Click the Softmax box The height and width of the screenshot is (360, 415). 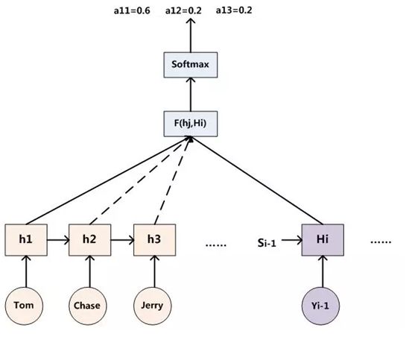point(191,65)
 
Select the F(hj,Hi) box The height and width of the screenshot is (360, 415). point(191,124)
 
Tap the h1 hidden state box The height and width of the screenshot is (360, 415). point(26,240)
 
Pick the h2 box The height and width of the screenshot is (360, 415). point(89,240)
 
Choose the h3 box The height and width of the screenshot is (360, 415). point(154,240)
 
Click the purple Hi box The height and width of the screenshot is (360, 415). point(323,240)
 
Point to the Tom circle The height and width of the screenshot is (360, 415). point(24,306)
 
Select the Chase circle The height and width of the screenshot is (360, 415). point(88,306)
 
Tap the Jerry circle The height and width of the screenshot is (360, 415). point(153,306)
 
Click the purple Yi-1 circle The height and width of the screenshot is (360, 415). point(320,306)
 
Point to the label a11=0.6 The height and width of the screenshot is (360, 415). point(132,10)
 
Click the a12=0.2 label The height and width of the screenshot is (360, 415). point(183,10)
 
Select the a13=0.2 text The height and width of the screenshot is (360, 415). point(234,10)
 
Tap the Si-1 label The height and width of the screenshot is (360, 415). point(267,243)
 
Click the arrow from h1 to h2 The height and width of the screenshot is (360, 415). point(58,240)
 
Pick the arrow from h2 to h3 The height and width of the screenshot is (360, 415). point(122,240)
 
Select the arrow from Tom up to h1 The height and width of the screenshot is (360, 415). point(26,271)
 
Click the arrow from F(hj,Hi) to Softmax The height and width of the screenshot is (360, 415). point(191,94)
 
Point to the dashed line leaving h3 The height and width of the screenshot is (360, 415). point(173,180)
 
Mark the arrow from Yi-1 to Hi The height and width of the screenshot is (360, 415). point(323,271)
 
